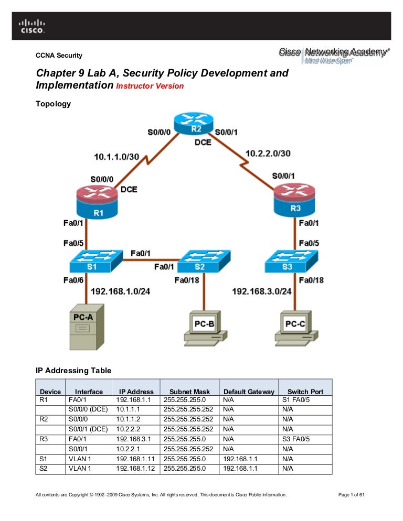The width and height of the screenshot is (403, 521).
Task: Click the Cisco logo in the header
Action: click(x=33, y=26)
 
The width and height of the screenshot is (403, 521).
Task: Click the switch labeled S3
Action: click(x=292, y=260)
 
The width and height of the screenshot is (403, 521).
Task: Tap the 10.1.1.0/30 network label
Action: click(x=116, y=156)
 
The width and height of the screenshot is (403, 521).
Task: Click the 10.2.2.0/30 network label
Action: click(x=268, y=153)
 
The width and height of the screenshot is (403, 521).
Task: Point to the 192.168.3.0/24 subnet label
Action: click(x=261, y=291)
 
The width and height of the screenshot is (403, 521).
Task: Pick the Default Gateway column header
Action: click(x=249, y=392)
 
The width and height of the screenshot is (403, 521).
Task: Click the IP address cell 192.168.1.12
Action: click(x=135, y=469)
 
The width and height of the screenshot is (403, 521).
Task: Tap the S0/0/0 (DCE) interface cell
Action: click(x=88, y=409)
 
